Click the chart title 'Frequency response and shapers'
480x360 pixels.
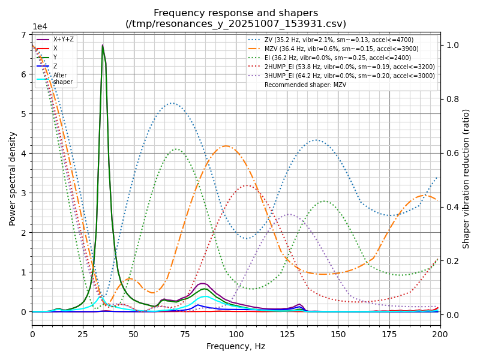236,13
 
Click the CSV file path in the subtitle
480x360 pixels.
236,24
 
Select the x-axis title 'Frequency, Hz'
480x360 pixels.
236,346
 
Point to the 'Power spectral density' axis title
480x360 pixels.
13,178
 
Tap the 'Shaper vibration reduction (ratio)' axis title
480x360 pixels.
466,178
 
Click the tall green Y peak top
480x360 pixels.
103,45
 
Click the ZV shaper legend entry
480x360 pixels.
339,40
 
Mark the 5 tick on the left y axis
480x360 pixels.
24,114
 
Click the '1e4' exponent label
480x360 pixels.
40,27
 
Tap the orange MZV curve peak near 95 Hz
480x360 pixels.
226,146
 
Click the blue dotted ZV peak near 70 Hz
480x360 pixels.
173,103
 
